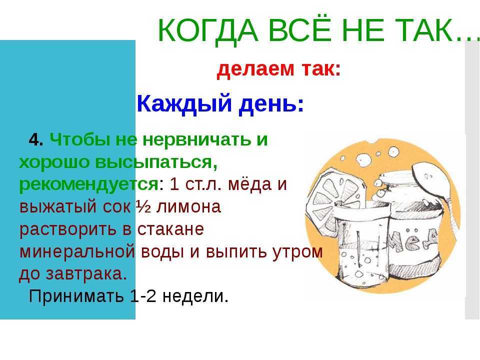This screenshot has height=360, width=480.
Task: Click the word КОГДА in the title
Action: pos(208,30)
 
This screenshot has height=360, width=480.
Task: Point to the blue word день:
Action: pos(271,103)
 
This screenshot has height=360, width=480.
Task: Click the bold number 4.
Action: pos(36,140)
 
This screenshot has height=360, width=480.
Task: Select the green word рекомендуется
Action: pos(89,184)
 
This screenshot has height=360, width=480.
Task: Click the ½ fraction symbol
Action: pos(143,207)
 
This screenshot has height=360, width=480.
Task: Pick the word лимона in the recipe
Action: pos(188,207)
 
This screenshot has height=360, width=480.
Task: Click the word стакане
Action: pos(170,229)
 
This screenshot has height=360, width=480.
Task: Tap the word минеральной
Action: pos(77,251)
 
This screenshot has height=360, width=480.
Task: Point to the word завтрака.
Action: pos(86,274)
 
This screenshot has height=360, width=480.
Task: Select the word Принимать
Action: pos(76,296)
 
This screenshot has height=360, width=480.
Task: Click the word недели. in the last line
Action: pos(195,296)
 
